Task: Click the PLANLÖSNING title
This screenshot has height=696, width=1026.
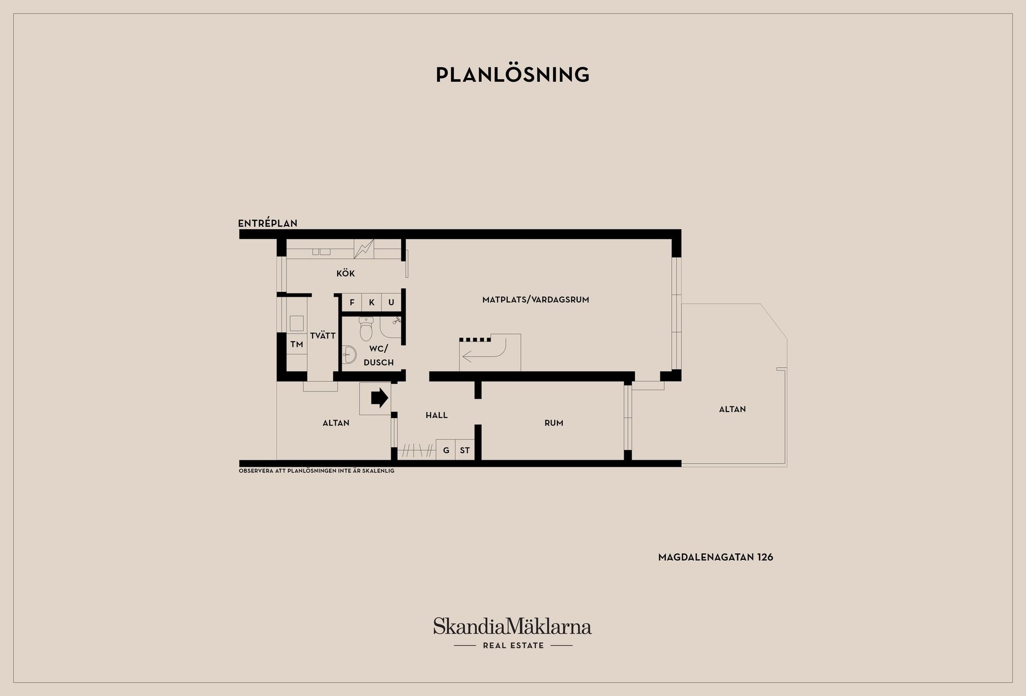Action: [512, 74]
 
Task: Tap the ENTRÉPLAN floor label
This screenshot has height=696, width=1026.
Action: [268, 223]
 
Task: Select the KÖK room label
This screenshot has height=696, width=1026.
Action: [345, 273]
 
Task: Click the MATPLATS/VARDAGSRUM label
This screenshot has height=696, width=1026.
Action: [535, 300]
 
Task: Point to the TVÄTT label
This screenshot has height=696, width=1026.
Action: [323, 336]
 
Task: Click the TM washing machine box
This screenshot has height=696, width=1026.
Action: [297, 344]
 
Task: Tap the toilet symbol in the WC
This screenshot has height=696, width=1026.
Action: [366, 329]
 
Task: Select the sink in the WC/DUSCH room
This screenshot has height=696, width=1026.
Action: [349, 353]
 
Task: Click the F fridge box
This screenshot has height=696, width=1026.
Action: [352, 303]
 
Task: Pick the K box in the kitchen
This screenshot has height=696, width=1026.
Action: [371, 303]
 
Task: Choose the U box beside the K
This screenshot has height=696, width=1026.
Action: [391, 303]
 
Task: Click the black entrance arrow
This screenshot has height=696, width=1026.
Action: [379, 398]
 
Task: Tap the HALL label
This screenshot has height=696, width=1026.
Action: [437, 415]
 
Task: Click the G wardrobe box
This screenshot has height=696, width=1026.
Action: [446, 450]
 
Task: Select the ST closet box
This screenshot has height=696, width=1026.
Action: [465, 450]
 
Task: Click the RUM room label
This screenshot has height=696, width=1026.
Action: [554, 423]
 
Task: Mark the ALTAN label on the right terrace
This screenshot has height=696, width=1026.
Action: [732, 409]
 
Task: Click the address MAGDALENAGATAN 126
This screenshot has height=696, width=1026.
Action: [716, 557]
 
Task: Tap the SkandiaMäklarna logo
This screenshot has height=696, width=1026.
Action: [512, 633]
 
